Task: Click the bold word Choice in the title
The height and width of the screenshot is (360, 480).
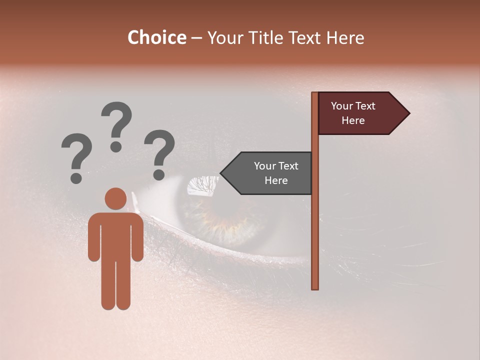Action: pos(156,38)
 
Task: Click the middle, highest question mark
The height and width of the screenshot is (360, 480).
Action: pos(116,126)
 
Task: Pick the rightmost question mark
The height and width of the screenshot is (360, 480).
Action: pos(159,154)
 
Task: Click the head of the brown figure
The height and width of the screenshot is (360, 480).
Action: pos(115,198)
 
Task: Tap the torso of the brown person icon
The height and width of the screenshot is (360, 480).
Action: pos(115,235)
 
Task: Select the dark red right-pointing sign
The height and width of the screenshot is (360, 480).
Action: pos(357,113)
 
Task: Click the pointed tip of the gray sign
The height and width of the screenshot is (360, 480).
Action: pos(222,173)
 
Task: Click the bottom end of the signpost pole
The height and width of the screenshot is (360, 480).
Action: pos(315,287)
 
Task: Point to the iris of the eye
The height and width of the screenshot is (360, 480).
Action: pos(225,215)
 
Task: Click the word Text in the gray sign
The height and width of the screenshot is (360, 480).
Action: pos(288,166)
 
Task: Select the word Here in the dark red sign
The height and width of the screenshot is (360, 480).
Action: pos(353,120)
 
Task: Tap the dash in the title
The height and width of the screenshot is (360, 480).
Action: pos(196,38)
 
